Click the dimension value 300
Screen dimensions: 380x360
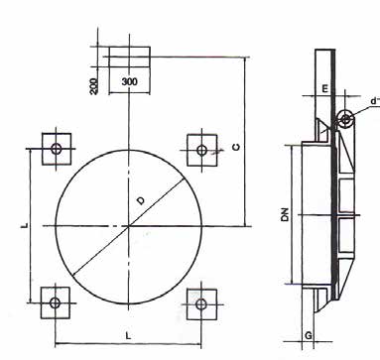point(129,81)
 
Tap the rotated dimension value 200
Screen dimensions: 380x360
point(94,86)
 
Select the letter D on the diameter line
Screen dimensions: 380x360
point(141,200)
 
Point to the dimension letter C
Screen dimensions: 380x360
point(236,147)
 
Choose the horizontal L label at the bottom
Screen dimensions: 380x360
point(128,336)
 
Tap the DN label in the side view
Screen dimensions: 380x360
point(285,214)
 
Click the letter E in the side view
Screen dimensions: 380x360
point(324,88)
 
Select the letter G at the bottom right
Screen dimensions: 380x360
point(309,336)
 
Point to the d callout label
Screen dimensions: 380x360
point(375,101)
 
